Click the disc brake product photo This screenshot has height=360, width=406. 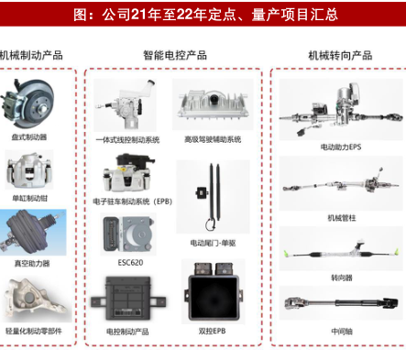click(x=27, y=104)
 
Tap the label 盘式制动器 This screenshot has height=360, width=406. click(x=29, y=137)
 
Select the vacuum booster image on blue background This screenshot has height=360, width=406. click(x=33, y=233)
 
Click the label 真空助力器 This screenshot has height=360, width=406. click(x=32, y=263)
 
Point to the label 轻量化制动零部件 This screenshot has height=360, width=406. click(x=34, y=331)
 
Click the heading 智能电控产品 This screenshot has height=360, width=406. click(x=175, y=55)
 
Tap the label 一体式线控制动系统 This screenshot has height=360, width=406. click(x=127, y=140)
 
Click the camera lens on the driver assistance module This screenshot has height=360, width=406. click(x=214, y=98)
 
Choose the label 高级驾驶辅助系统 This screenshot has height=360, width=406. click(x=213, y=139)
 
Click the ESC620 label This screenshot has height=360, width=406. click(x=130, y=263)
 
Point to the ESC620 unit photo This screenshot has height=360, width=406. click(x=128, y=235)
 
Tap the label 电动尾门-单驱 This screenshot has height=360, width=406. click(x=213, y=243)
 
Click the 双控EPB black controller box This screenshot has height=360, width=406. click(x=214, y=291)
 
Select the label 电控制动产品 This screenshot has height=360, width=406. click(x=127, y=332)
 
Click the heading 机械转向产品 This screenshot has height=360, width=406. click(x=340, y=56)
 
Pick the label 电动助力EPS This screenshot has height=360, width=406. click(x=341, y=147)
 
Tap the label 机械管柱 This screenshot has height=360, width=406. click(x=342, y=218)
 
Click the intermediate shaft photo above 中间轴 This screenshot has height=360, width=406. click(x=341, y=303)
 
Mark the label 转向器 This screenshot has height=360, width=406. click(x=342, y=278)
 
